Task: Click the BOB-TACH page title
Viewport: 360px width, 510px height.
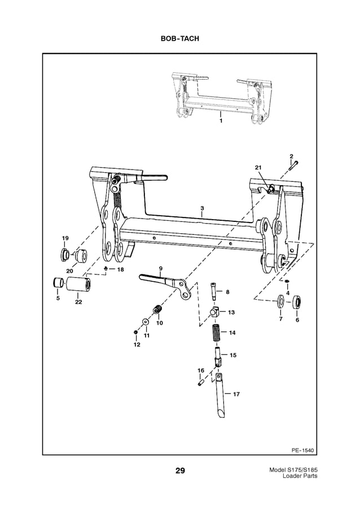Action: click(179, 39)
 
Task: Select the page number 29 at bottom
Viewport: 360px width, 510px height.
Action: click(179, 470)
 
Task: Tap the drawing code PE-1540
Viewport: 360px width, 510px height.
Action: click(302, 450)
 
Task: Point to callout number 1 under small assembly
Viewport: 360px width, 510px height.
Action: click(221, 121)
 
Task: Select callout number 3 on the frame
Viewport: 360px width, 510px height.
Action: click(202, 208)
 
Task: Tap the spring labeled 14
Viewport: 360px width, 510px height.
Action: click(216, 331)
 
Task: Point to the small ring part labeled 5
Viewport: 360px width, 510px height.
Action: click(57, 282)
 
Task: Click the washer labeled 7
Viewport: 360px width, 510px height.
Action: click(280, 301)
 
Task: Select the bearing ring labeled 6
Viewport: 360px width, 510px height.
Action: click(297, 301)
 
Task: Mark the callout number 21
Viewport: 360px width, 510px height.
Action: click(258, 168)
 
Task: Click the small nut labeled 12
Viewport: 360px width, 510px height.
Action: click(136, 332)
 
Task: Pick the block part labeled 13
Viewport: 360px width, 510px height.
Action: click(215, 311)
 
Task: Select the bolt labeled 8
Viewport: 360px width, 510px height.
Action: click(213, 291)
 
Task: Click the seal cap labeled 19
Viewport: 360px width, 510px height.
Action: click(64, 255)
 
